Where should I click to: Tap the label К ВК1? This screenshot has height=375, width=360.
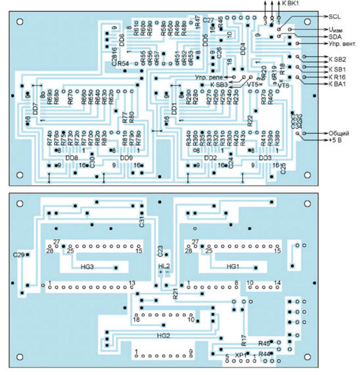(x=291, y=3)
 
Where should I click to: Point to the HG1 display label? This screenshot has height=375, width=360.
(x=233, y=267)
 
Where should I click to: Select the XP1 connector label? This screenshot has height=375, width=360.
(x=240, y=355)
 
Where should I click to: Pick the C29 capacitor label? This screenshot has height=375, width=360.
(x=18, y=254)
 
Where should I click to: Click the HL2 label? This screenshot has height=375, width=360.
(x=164, y=266)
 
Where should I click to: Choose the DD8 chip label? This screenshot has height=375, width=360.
(x=72, y=158)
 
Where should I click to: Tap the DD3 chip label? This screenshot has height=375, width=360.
(x=265, y=158)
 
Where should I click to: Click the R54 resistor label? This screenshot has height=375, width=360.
(x=122, y=63)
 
